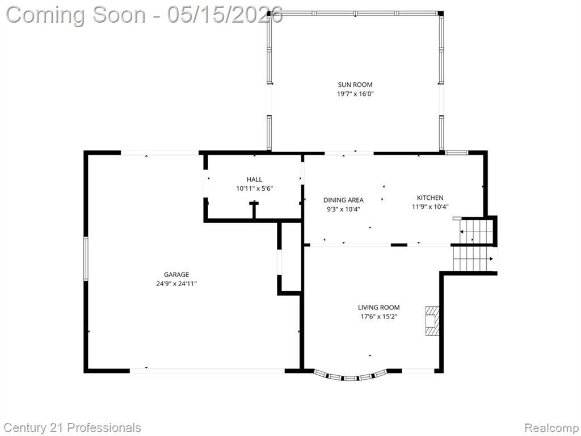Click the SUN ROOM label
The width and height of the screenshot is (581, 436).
click(355, 85)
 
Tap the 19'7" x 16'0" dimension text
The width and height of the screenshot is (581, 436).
click(355, 94)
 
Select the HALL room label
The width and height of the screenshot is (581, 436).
click(255, 179)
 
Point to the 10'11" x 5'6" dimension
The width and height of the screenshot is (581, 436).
click(255, 188)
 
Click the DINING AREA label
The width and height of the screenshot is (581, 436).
click(343, 200)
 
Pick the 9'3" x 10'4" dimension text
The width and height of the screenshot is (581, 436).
click(343, 209)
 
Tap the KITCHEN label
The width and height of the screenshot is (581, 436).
click(430, 198)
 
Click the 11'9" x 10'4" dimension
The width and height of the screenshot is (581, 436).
click(430, 207)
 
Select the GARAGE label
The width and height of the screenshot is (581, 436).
click(176, 275)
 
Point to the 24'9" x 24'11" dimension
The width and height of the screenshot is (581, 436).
click(176, 284)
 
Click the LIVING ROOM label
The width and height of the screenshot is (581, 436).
click(378, 307)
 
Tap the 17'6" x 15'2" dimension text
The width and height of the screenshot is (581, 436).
click(378, 317)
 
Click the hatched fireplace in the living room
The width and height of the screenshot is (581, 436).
click(432, 321)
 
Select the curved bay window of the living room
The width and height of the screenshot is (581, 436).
click(351, 378)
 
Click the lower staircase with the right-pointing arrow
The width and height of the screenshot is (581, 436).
click(474, 259)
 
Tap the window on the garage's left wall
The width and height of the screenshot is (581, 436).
click(86, 259)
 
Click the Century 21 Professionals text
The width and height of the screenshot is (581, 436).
click(73, 427)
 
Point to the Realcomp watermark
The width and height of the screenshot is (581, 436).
click(551, 428)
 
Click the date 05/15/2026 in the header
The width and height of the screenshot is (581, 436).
click(225, 15)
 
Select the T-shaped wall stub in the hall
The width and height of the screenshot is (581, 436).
click(254, 210)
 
